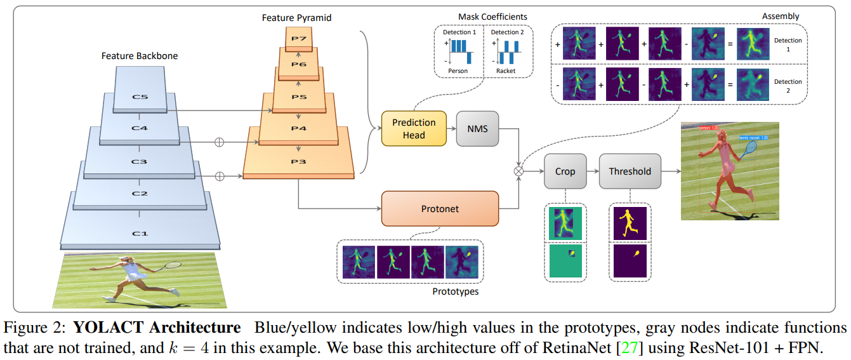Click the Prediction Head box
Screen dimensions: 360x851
coord(414,128)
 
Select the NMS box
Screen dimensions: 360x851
coord(477,128)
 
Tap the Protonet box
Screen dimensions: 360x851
coord(440,208)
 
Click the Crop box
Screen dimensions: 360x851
coord(565,171)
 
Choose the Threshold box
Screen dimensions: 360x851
coord(630,171)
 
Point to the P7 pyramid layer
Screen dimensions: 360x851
coord(299,38)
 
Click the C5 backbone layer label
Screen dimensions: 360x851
coord(139,97)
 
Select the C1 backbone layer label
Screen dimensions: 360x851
coord(139,234)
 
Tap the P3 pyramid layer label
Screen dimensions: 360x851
coord(298,162)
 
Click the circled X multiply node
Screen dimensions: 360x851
coord(519,171)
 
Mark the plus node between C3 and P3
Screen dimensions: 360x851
coord(220,176)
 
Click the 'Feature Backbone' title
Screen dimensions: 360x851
coord(140,56)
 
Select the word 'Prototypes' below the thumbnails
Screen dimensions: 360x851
coord(455,291)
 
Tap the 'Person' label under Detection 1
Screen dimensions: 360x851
coord(458,71)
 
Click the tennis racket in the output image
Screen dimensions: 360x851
coord(750,149)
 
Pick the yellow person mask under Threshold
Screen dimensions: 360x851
coord(630,222)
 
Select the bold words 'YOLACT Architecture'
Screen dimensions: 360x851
coord(157,328)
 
